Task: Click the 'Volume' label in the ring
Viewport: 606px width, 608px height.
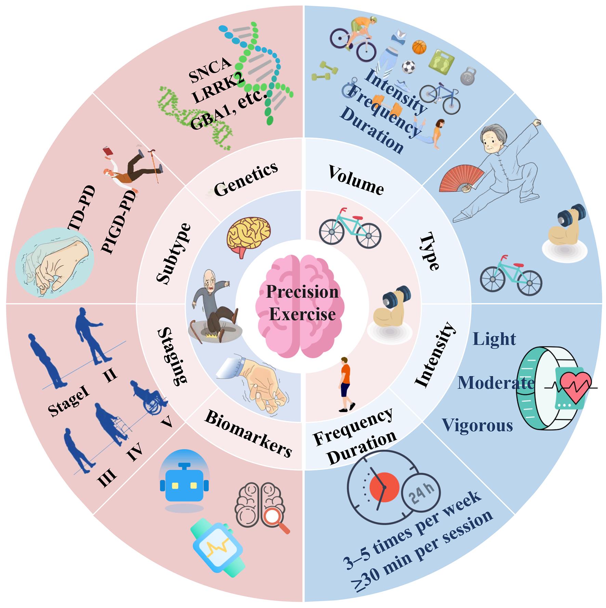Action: point(356,180)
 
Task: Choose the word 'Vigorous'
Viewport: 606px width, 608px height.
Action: point(477,425)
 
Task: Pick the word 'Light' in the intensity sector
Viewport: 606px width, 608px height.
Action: point(494,339)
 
